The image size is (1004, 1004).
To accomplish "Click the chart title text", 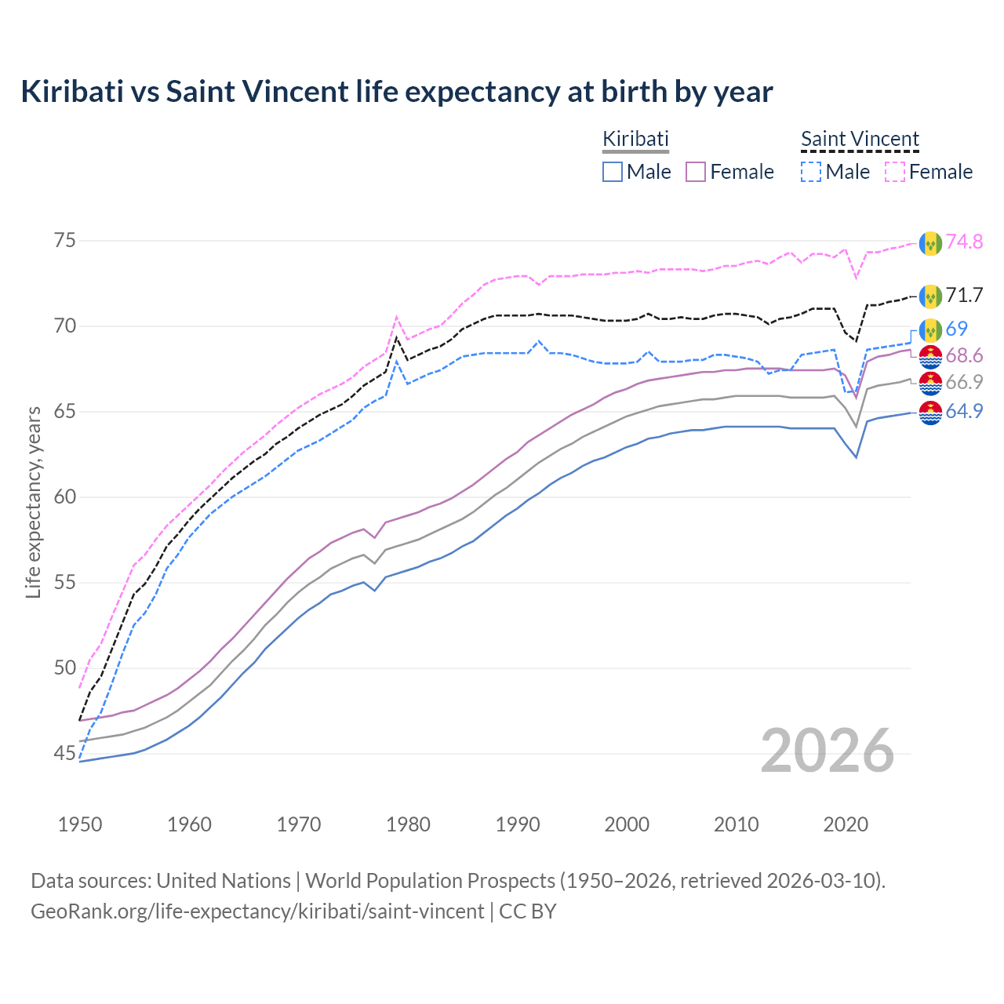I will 397,92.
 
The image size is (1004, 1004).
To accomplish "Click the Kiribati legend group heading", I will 635,139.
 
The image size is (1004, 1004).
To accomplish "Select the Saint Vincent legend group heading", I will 860,139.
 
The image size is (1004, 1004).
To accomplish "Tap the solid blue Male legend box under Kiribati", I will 613,172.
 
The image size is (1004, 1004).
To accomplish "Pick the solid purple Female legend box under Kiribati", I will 696,172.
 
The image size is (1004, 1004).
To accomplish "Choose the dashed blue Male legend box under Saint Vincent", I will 812,172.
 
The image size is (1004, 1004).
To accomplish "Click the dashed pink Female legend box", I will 895,172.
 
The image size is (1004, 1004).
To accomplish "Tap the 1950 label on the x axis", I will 80,824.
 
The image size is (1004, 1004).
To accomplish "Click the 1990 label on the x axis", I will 518,824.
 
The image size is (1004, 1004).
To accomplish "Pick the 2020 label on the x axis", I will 846,824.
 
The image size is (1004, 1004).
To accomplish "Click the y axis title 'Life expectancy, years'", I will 33,502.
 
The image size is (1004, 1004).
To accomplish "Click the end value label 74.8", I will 964,242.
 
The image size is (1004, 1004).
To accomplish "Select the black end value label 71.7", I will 964,296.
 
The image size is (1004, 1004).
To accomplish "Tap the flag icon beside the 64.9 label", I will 930,412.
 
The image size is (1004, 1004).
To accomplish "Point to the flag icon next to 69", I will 930,329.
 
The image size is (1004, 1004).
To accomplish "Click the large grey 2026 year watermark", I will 828,751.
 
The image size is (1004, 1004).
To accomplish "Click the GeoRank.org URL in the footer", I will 257,911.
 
